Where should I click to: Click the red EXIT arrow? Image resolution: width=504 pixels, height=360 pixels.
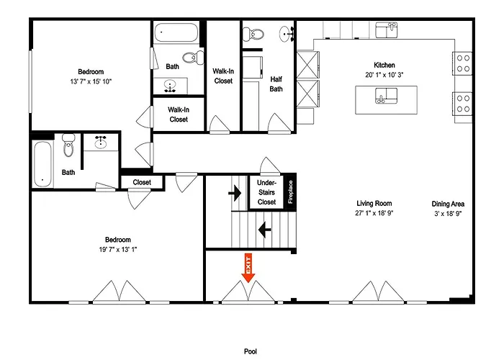point(248,268)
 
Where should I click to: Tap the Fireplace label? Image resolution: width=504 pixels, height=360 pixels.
point(291,192)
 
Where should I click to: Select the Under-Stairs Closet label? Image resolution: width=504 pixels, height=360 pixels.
point(266,192)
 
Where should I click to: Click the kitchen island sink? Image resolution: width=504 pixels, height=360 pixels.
point(386,96)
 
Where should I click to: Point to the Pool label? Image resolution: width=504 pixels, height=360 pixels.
point(251,351)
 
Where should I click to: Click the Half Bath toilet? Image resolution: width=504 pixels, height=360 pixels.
point(253,34)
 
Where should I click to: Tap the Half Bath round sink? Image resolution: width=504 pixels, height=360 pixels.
point(286,34)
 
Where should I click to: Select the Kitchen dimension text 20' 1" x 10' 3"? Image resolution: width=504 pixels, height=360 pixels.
point(384,75)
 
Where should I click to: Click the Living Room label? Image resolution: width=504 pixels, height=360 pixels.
point(374,203)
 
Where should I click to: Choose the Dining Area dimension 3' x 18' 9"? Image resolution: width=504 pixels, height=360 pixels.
point(448,213)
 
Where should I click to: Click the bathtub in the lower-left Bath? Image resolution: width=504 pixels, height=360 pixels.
point(42,164)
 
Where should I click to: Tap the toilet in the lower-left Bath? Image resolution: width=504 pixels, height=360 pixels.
point(68,145)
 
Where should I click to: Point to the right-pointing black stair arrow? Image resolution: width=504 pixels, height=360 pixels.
point(235,193)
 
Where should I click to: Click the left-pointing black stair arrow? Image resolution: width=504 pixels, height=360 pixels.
point(264,230)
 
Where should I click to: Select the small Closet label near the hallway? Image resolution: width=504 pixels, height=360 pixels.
point(142,182)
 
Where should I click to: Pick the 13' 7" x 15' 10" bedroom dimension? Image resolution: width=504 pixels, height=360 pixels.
point(91,81)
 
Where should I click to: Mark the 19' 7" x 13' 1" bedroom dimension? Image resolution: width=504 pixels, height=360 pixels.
point(118,249)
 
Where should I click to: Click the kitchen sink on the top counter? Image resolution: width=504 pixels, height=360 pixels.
point(387,30)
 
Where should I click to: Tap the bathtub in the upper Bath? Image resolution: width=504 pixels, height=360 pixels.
point(176,32)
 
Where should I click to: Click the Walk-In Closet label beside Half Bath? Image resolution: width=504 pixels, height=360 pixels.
point(223,76)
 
